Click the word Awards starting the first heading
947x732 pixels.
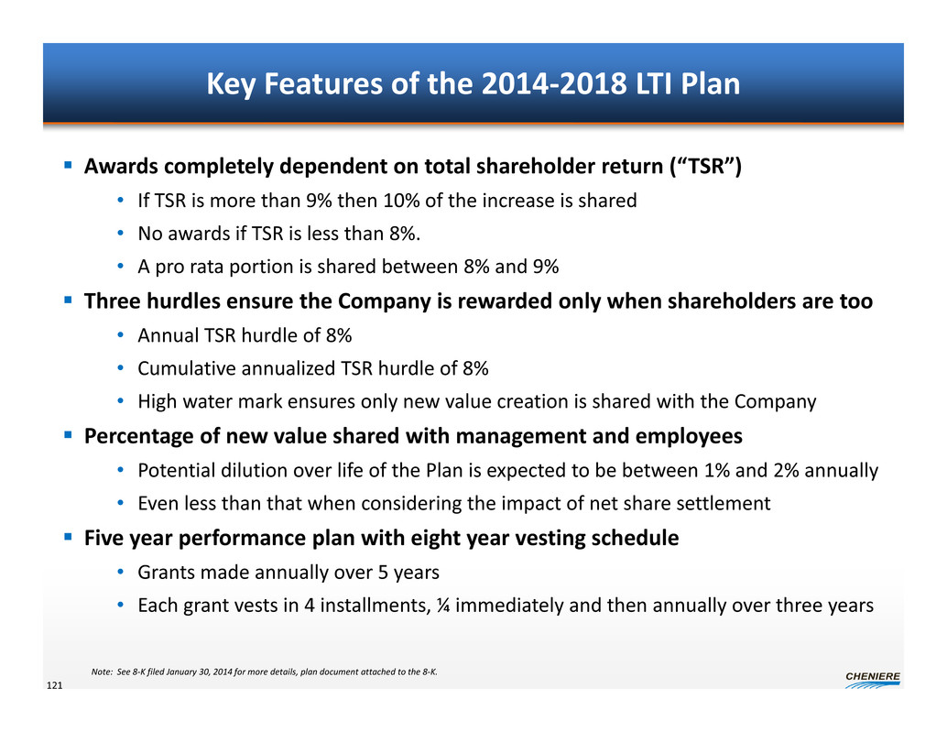click(x=119, y=169)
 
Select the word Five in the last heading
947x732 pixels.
click(x=103, y=539)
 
